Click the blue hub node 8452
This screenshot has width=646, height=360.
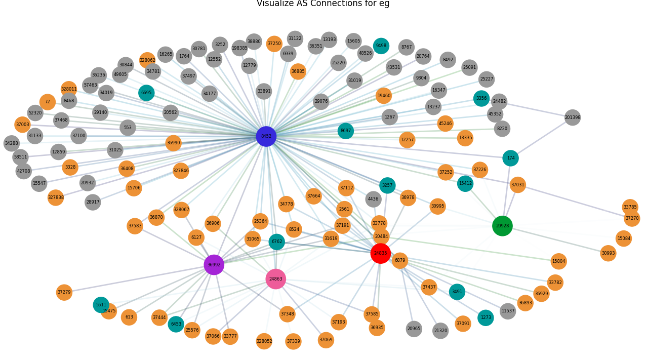click(266, 136)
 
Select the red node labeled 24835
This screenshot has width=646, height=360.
click(380, 253)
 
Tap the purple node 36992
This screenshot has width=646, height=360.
click(214, 265)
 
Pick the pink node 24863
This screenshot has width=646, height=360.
click(275, 279)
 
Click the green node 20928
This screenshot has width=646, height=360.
click(502, 226)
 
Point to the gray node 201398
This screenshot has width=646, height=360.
click(573, 117)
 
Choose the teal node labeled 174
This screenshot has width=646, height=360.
click(510, 158)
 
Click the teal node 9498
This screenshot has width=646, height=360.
click(381, 46)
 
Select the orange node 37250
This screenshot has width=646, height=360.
click(274, 44)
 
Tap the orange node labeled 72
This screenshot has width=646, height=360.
click(47, 102)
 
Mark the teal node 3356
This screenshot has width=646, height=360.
click(481, 98)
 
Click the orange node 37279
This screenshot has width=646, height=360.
click(64, 292)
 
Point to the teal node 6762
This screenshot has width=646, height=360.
click(276, 242)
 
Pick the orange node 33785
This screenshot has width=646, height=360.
click(630, 207)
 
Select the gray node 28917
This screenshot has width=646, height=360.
click(93, 202)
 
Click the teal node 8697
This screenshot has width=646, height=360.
click(345, 131)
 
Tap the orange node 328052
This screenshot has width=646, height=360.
click(264, 341)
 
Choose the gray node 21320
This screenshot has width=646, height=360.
click(440, 331)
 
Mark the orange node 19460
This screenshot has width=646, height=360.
click(384, 95)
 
